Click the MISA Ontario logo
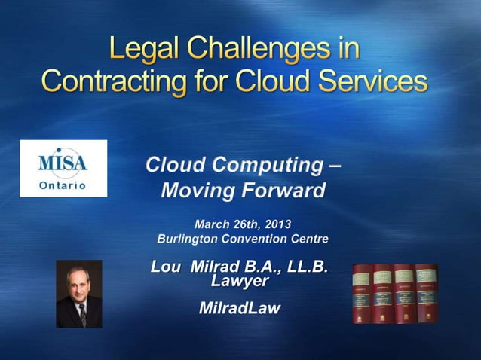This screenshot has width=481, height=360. [x=63, y=168]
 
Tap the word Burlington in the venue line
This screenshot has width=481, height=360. [x=187, y=239]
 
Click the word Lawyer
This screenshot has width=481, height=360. [x=240, y=282]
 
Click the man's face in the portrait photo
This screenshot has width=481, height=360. [x=78, y=285]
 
